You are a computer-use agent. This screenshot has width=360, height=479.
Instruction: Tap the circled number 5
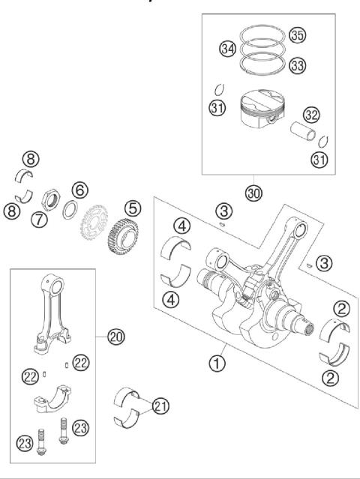pos(133,207)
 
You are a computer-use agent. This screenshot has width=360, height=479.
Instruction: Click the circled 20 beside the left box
pos(115,338)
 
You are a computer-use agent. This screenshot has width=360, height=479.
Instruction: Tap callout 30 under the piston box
pos(254,193)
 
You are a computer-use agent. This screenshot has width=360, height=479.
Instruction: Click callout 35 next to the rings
pos(298,35)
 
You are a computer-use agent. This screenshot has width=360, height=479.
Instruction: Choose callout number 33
pos(298,66)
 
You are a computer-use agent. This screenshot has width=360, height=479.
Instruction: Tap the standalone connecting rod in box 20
pos(52,307)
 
